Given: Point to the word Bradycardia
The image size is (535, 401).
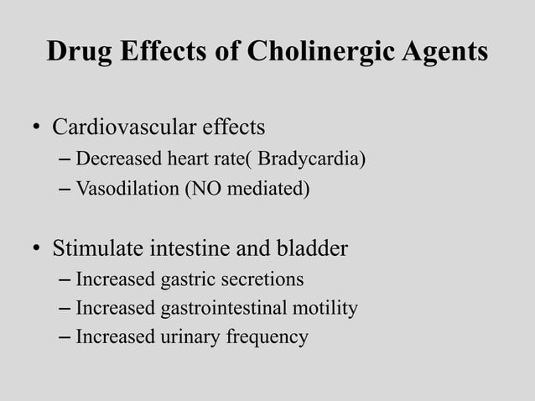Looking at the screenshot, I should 311,159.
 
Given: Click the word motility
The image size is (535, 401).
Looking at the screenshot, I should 325,309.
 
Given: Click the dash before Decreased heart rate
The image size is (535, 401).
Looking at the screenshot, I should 66,159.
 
